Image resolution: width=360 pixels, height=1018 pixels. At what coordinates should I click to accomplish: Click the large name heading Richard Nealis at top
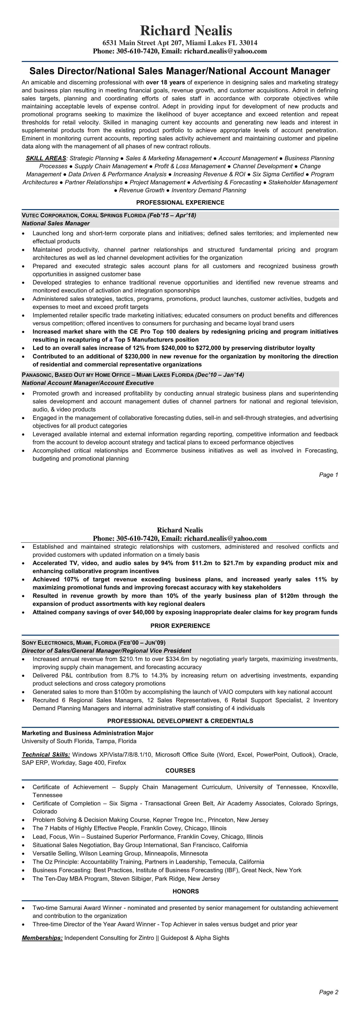point(186,31)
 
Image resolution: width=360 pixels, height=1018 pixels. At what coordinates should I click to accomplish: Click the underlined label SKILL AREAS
point(46,158)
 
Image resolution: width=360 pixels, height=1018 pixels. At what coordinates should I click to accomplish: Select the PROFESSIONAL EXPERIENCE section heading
point(180,202)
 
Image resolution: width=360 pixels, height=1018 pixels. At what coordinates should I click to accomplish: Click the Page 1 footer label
point(328,475)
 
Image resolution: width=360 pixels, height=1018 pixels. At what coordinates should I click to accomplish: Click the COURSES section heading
point(180,771)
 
